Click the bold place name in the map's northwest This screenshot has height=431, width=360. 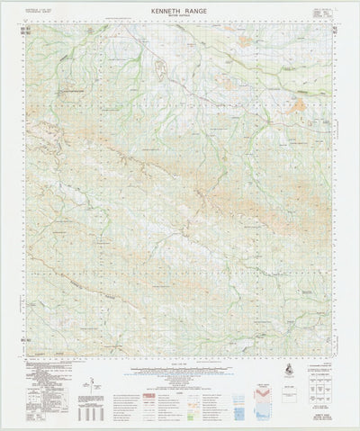(72, 91)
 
